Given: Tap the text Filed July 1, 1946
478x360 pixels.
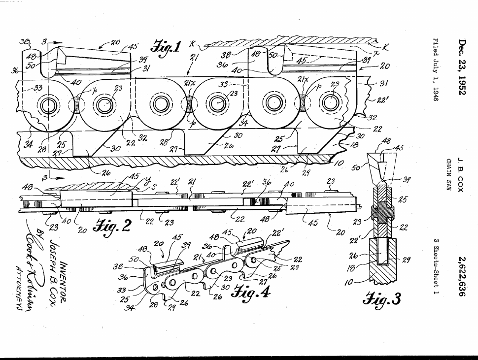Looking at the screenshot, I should (x=436, y=69).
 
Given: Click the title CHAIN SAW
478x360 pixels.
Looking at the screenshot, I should (x=449, y=175).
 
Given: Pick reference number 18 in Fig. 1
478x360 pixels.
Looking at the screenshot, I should (x=354, y=145).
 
